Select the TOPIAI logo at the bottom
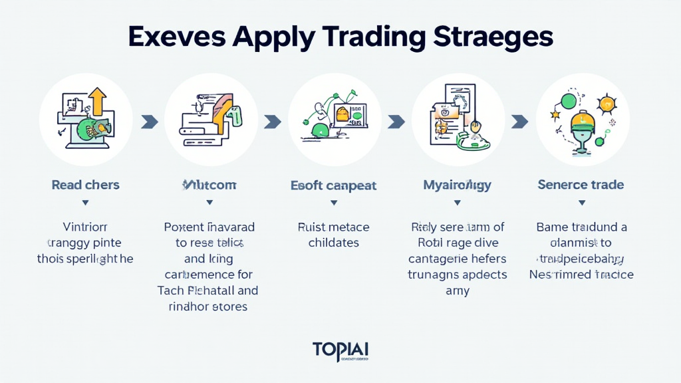coord(340,350)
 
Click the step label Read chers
coord(85,185)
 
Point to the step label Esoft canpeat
coord(334,185)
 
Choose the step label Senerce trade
coord(581,185)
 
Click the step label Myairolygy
coord(457,185)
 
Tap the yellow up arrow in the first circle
coord(98,100)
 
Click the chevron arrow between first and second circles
coord(149,122)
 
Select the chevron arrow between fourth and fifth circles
coord(519,122)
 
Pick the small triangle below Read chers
coord(85,202)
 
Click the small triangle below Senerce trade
coord(581,202)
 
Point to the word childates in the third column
coord(334,243)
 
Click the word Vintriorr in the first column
coord(85,227)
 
